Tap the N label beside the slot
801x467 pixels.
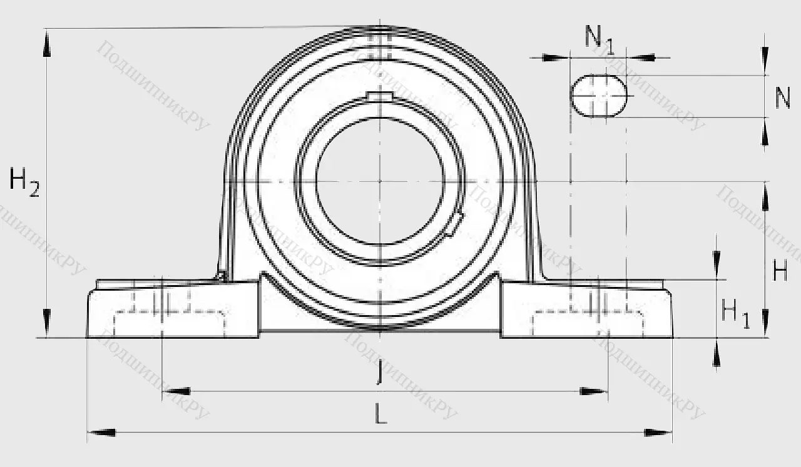tap(782, 98)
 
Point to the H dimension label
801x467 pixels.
tap(780, 271)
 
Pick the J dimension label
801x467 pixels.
tap(379, 373)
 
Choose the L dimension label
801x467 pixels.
tap(380, 413)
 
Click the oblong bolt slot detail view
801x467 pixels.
tap(598, 96)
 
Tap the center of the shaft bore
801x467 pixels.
tap(379, 181)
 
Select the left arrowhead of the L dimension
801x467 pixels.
tap(100, 432)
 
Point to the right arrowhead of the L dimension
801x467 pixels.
tap(658, 432)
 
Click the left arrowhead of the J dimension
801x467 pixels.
tap(176, 392)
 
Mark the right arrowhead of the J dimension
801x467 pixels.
tap(594, 392)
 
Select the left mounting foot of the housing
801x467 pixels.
tap(172, 309)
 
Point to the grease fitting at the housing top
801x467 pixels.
tap(379, 34)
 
